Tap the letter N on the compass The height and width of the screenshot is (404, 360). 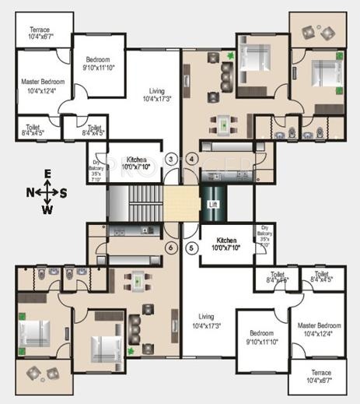coord(30,191)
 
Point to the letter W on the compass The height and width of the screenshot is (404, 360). coord(47,209)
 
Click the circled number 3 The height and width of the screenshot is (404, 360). coord(171,159)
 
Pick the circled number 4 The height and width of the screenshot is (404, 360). coord(191,159)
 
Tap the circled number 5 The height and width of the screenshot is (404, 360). coord(191,248)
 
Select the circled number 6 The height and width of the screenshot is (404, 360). coord(171,248)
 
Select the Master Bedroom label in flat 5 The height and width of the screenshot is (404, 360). coord(319,328)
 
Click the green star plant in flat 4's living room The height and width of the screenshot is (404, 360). coord(230,55)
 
